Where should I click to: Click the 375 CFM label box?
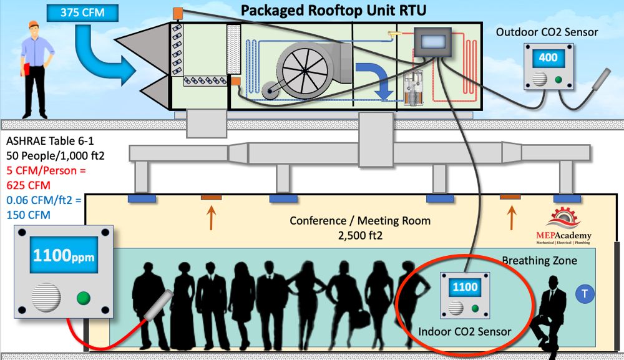pos(82,12)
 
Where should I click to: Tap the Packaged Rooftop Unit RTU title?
pos(333,11)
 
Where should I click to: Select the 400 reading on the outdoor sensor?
pos(548,57)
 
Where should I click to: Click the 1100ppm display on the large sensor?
pos(64,255)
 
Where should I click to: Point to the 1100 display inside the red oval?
pos(465,287)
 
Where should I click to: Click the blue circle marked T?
pos(585,294)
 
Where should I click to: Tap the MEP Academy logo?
pos(563,226)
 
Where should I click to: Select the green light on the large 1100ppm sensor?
pos(83,298)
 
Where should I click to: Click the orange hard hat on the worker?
pos(34,24)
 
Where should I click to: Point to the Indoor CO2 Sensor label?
pos(464,331)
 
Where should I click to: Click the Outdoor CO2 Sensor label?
pos(547,32)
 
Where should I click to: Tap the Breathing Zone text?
pos(539,261)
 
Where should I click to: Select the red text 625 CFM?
pos(28,185)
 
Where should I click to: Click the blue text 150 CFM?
pos(28,215)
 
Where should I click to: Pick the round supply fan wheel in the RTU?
pos(305,71)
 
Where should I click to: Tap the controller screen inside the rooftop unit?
pos(432,42)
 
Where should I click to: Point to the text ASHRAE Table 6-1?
pos(50,141)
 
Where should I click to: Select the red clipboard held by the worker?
pos(26,69)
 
